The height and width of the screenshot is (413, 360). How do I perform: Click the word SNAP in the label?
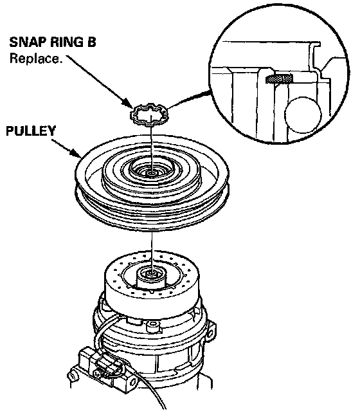tap(27, 42)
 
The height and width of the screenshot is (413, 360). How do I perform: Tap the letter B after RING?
tap(91, 42)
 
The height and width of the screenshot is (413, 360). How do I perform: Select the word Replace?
tap(36, 58)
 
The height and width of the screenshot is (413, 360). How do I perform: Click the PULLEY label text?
tap(31, 131)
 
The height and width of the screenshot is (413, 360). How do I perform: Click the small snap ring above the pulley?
tap(149, 115)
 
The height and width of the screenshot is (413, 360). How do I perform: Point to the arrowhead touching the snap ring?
tap(129, 103)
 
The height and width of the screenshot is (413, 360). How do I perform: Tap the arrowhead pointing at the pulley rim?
tap(75, 154)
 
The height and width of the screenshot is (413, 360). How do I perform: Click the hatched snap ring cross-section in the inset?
tap(280, 78)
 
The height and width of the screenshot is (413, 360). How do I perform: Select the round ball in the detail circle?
tap(303, 115)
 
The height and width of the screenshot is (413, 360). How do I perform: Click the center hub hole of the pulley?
tap(152, 174)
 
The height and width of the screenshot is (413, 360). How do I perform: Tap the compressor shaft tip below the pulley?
tap(152, 274)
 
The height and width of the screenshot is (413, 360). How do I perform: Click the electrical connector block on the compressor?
tap(105, 365)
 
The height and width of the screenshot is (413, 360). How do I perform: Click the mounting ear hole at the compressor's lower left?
tap(71, 375)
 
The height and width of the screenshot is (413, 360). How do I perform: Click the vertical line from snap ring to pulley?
tap(152, 147)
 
